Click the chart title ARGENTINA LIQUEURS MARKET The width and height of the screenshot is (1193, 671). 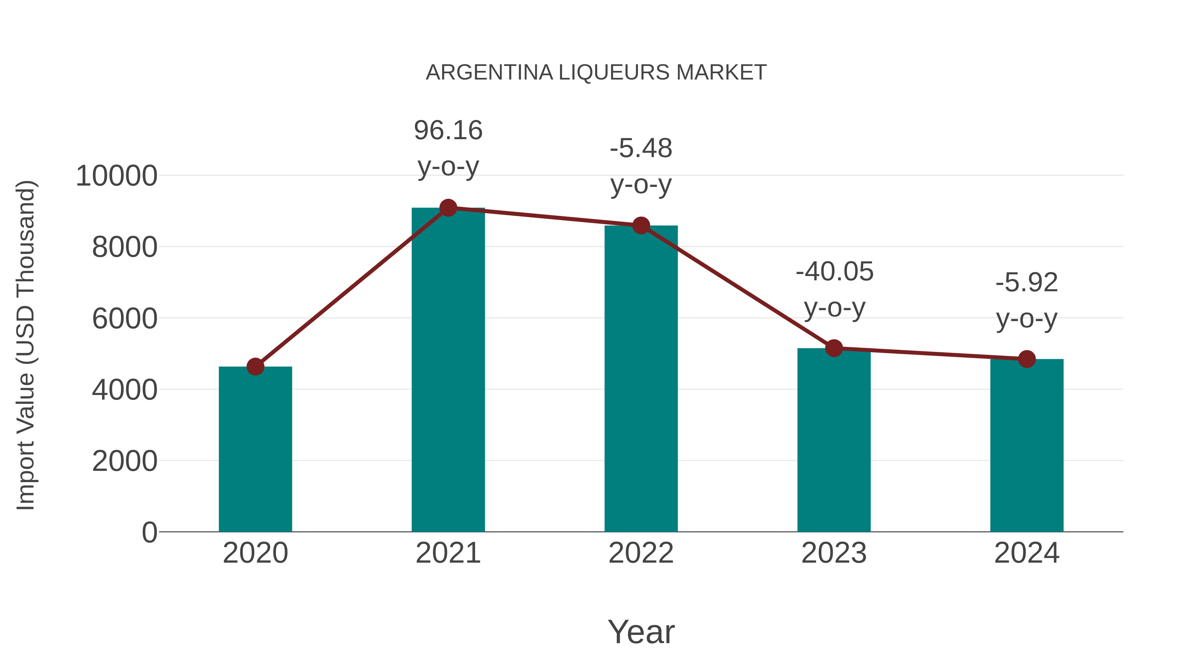coord(596,73)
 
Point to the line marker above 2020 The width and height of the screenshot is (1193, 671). coord(255,367)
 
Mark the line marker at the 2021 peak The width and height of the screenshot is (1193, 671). coord(448,208)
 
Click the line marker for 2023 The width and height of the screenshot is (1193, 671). coord(834,348)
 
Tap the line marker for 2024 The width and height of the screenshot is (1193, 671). coord(1027,359)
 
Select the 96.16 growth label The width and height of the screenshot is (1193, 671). coord(448,130)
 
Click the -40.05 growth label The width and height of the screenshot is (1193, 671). coord(834,271)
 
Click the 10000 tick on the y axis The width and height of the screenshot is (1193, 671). coord(116,176)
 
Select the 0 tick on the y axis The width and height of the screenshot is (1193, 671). coord(149,532)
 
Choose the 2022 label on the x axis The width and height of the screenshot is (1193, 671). coord(641,553)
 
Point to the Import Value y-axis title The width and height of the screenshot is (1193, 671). coord(26,346)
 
